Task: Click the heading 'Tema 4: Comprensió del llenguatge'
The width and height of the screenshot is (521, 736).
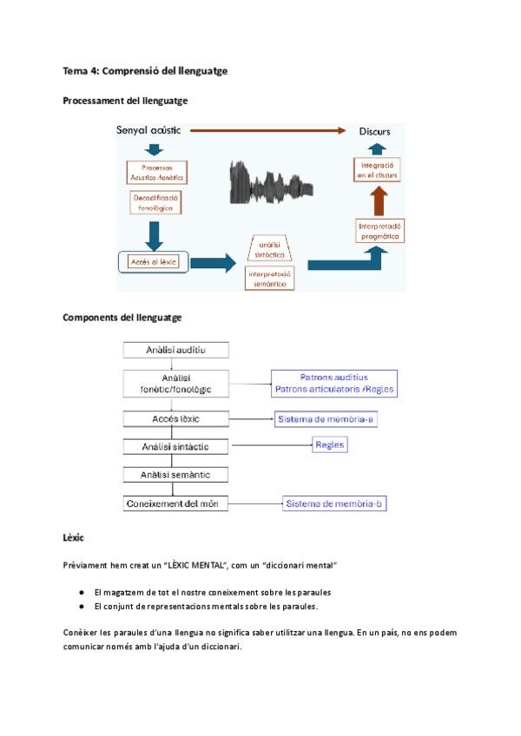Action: pyautogui.click(x=145, y=70)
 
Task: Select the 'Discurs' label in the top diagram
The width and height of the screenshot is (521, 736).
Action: pyautogui.click(x=374, y=132)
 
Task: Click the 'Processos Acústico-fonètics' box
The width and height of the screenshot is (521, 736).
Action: pyautogui.click(x=157, y=172)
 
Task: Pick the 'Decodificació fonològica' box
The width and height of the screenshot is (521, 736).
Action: pyautogui.click(x=157, y=204)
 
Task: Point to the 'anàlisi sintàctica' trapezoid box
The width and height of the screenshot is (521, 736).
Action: pyautogui.click(x=270, y=247)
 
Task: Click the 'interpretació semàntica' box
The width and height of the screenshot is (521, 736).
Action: pyautogui.click(x=270, y=278)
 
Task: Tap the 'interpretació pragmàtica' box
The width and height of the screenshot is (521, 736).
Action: pyautogui.click(x=379, y=230)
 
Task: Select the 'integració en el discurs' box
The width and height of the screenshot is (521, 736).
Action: pyautogui.click(x=376, y=170)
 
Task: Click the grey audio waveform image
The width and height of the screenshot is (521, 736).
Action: pyautogui.click(x=271, y=183)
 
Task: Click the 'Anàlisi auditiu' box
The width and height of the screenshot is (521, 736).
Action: pyautogui.click(x=176, y=351)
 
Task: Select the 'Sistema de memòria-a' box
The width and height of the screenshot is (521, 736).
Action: pyautogui.click(x=326, y=419)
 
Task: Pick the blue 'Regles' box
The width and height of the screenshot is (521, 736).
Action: pyautogui.click(x=330, y=445)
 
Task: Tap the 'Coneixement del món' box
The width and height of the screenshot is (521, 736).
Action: pyautogui.click(x=176, y=503)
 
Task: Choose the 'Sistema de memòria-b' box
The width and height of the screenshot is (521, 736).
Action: pyautogui.click(x=333, y=503)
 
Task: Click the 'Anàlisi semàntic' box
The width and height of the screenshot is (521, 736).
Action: pyautogui.click(x=176, y=475)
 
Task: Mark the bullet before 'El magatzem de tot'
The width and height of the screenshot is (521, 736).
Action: pyautogui.click(x=81, y=592)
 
